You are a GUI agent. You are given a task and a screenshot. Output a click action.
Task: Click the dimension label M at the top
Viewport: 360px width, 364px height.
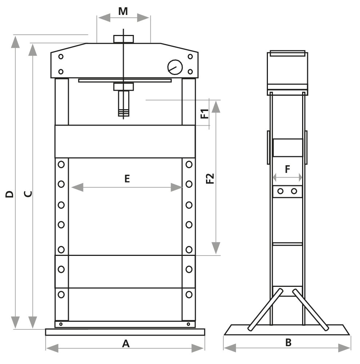123,11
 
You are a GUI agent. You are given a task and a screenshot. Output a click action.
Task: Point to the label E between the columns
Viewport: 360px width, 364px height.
127,179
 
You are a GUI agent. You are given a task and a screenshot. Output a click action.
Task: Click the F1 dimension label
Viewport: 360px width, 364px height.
205,114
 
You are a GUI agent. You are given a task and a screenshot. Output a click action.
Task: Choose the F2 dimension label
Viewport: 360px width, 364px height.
210,178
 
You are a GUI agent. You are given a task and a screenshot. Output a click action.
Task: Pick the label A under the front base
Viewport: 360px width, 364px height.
126,343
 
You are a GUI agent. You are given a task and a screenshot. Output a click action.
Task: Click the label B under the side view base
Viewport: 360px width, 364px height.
288,343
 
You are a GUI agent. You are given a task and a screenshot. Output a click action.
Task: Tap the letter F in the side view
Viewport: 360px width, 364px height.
288,169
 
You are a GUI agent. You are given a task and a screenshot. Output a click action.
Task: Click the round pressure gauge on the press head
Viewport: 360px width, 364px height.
174,67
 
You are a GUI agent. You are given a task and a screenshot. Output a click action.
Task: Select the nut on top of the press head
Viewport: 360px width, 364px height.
123,39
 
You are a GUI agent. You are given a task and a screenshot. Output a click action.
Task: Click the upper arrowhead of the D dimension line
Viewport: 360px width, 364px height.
15,42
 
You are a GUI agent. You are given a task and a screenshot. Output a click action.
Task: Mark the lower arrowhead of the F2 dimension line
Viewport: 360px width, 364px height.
216,248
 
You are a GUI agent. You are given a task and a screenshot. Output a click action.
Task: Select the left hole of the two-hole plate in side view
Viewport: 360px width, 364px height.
280,191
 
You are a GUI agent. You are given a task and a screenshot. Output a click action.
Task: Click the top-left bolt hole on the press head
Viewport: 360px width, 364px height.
61,56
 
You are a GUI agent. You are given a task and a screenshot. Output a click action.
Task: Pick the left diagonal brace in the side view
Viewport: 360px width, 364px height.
265,310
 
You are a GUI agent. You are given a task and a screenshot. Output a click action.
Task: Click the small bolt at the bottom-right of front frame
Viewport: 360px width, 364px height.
188,324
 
